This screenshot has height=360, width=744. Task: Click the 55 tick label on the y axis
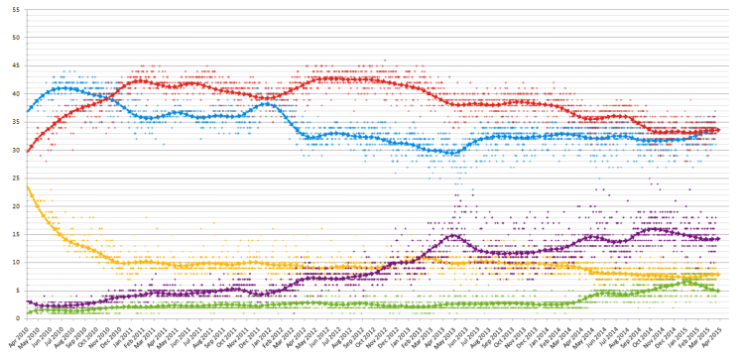coord(15,8)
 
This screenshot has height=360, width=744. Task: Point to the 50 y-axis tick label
coord(15,37)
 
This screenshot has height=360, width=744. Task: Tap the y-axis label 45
coord(15,64)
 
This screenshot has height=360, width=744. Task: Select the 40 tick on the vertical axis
coord(15,93)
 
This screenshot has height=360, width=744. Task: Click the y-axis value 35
coord(15,121)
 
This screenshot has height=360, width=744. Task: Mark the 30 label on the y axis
coord(15,150)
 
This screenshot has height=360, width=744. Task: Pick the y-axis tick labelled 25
coord(15,178)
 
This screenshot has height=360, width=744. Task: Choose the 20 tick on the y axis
coord(15,205)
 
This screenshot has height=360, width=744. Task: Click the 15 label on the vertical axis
coord(15,234)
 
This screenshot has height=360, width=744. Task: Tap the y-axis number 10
coord(15,262)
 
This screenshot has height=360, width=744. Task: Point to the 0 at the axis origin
coord(17,318)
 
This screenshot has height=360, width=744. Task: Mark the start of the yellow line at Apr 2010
coord(28,186)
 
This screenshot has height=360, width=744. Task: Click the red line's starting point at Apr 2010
coord(29,151)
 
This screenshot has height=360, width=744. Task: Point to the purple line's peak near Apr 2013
coord(453,235)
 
